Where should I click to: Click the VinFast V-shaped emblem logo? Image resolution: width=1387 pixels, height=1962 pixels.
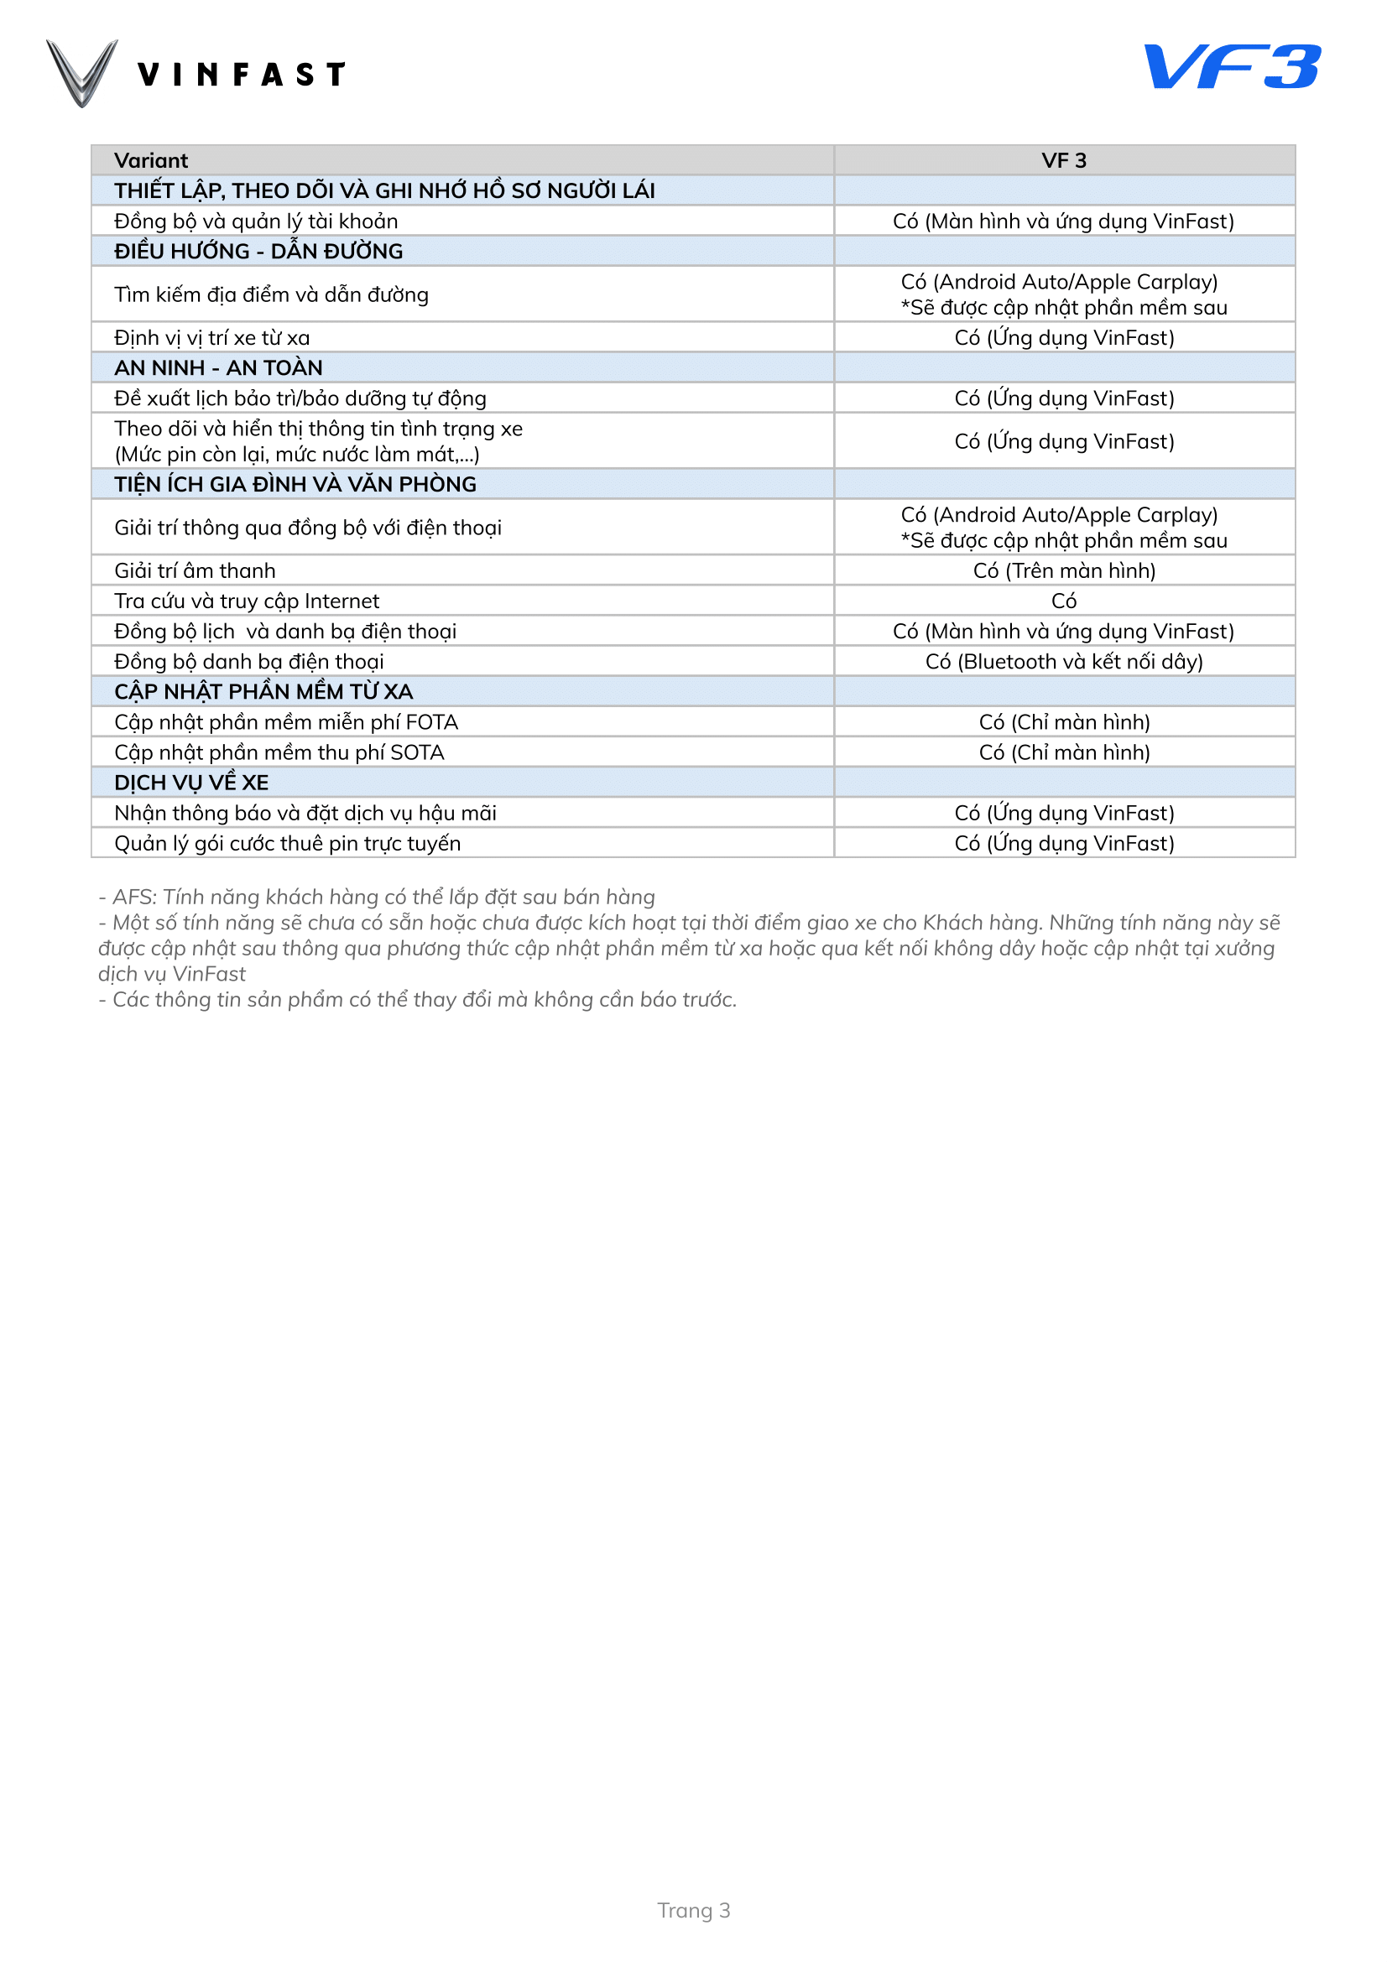pyautogui.click(x=82, y=74)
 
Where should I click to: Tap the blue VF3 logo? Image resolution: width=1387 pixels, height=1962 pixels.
pyautogui.click(x=1232, y=66)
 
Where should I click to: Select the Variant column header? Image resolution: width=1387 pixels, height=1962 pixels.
pyautogui.click(x=151, y=161)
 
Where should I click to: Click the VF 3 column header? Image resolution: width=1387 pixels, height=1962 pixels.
pyautogui.click(x=1063, y=161)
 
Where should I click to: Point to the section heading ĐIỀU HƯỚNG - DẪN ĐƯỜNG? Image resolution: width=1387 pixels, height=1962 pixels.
pyautogui.click(x=258, y=252)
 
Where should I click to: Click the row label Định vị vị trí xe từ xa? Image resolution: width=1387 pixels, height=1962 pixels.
pyautogui.click(x=212, y=337)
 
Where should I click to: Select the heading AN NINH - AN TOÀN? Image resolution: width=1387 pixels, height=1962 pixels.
pyautogui.click(x=218, y=367)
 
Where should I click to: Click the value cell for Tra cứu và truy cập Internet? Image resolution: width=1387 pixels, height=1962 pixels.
pyautogui.click(x=1063, y=601)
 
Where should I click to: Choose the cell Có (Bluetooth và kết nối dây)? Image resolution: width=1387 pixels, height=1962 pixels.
pyautogui.click(x=1063, y=661)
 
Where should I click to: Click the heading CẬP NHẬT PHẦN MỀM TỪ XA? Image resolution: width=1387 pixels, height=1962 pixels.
pyautogui.click(x=263, y=691)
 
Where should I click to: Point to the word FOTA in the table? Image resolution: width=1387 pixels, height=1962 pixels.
pyautogui.click(x=431, y=722)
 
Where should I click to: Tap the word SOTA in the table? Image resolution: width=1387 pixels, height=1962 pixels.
pyautogui.click(x=417, y=752)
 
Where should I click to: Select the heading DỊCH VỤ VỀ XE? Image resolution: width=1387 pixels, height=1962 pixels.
pyautogui.click(x=191, y=782)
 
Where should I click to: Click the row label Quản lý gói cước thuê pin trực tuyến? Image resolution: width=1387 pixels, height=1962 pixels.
pyautogui.click(x=287, y=843)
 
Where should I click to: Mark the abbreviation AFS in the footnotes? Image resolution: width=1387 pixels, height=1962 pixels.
pyautogui.click(x=133, y=897)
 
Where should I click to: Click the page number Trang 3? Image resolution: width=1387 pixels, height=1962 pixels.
pyautogui.click(x=693, y=1910)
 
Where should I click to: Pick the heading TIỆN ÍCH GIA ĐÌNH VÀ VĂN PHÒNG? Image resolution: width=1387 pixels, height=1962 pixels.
pyautogui.click(x=295, y=485)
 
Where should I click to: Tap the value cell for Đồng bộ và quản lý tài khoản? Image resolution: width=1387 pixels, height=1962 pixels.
pyautogui.click(x=1063, y=221)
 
